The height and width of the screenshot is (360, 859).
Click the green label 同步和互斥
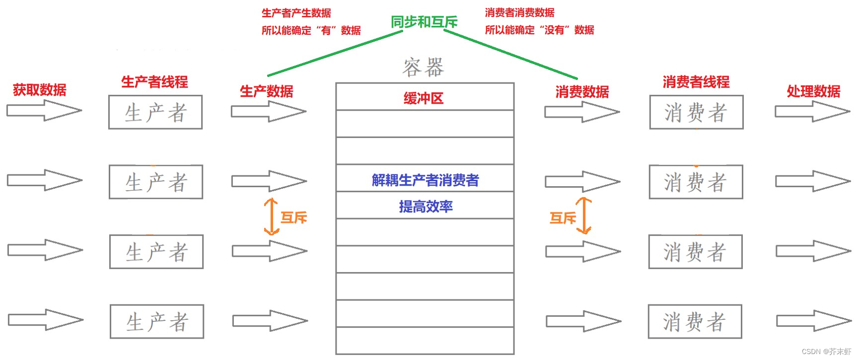click(x=424, y=22)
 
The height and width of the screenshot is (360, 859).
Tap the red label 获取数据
click(x=40, y=90)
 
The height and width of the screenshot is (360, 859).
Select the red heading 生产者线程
click(x=154, y=82)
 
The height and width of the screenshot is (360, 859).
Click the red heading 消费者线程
click(x=696, y=82)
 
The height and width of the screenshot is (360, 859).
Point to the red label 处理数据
click(x=813, y=91)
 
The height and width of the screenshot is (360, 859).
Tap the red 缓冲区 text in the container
click(x=424, y=98)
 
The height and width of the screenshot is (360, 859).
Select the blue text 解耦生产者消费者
click(x=425, y=180)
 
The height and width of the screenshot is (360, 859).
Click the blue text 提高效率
click(x=426, y=207)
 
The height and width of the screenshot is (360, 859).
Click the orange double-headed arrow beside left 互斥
click(x=271, y=216)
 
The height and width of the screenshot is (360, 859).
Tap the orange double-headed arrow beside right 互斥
click(x=584, y=216)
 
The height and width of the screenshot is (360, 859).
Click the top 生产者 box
click(x=155, y=112)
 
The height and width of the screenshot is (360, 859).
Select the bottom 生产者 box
click(x=157, y=322)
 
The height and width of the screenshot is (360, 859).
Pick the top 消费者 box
click(x=696, y=112)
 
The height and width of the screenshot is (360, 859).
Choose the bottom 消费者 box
click(x=695, y=322)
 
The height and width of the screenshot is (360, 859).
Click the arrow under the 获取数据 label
click(x=44, y=110)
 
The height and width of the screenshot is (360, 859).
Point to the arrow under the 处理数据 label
click(x=812, y=111)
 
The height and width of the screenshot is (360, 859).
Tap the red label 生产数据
click(x=267, y=91)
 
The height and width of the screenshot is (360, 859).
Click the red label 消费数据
click(x=582, y=92)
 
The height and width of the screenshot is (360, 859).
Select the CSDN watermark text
click(x=826, y=352)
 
